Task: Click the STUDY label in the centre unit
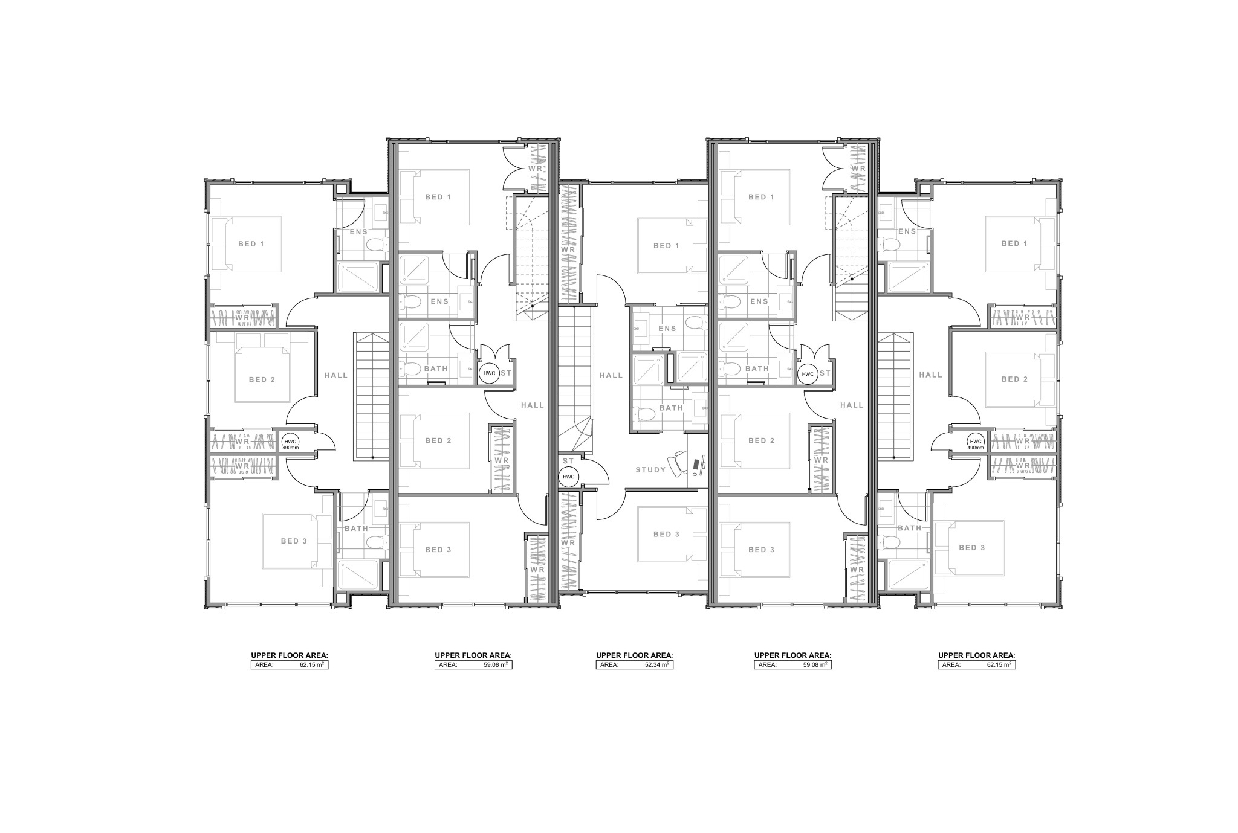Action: pyautogui.click(x=650, y=470)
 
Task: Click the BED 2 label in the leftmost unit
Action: pyautogui.click(x=262, y=379)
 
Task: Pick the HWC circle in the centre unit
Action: pyautogui.click(x=569, y=477)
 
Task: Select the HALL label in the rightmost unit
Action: pyautogui.click(x=930, y=375)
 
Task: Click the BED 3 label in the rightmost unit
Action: pyautogui.click(x=972, y=548)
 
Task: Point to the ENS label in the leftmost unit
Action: pyautogui.click(x=358, y=232)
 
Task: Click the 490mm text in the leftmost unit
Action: pyautogui.click(x=290, y=448)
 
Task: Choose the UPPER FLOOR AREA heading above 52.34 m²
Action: pyautogui.click(x=634, y=655)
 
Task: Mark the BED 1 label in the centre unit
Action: pyautogui.click(x=666, y=246)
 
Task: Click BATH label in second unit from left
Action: pyautogui.click(x=436, y=368)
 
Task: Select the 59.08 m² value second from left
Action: pyautogui.click(x=496, y=664)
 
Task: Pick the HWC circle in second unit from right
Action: pyautogui.click(x=808, y=375)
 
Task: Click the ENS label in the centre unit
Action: pyautogui.click(x=667, y=329)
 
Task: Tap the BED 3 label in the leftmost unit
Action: pyautogui.click(x=294, y=541)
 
